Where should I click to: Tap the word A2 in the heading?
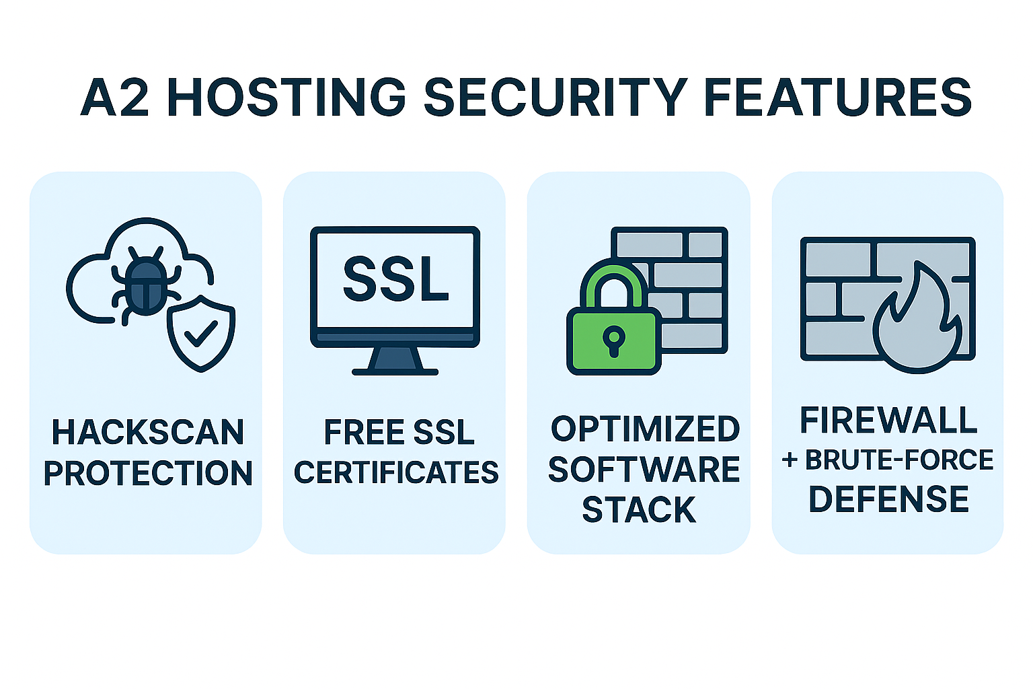click(114, 97)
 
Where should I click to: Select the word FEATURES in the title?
click(838, 97)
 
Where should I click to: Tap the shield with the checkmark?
click(201, 333)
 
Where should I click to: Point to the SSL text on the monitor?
click(395, 279)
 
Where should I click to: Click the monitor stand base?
click(395, 370)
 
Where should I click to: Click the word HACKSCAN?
click(148, 433)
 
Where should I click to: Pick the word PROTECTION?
click(148, 473)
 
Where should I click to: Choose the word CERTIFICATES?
click(396, 473)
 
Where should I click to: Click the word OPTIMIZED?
click(645, 429)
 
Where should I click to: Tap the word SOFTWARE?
click(644, 470)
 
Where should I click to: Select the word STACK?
click(639, 510)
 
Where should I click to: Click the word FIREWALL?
click(888, 421)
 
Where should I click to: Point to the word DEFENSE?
click(888, 499)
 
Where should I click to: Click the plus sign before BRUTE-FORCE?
click(790, 461)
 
